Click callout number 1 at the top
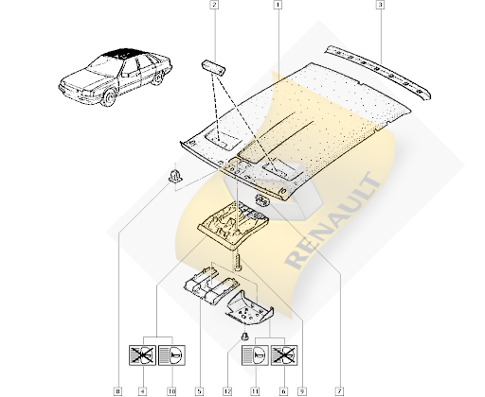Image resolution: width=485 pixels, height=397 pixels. (278, 5)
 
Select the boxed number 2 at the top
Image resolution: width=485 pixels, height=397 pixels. (214, 5)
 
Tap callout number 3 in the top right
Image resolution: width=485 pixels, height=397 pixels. (380, 5)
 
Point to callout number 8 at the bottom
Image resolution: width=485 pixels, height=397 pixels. (117, 391)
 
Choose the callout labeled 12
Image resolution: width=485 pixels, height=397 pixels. (227, 391)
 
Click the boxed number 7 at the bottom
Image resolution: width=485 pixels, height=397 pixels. (340, 391)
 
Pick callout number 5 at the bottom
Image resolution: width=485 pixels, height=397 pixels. (199, 391)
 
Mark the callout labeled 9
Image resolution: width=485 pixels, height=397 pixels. (302, 391)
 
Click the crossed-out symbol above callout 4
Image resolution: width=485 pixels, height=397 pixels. (142, 355)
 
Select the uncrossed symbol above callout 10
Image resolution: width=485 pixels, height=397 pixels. (171, 355)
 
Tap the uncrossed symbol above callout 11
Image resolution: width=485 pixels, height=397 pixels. (255, 355)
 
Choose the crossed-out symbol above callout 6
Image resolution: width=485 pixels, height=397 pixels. (284, 355)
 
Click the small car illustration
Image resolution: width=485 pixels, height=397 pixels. (116, 78)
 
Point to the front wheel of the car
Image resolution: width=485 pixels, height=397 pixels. (110, 97)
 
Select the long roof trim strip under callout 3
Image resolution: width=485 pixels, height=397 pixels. (378, 72)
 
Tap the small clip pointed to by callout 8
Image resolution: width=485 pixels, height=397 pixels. (175, 177)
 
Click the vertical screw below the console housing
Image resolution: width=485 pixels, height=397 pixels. (237, 262)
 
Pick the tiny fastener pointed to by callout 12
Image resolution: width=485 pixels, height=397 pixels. (244, 337)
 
